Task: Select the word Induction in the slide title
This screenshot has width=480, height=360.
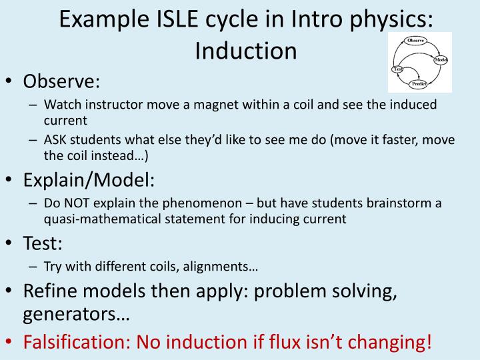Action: click(x=245, y=50)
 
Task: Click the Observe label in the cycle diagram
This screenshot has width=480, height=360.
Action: click(x=415, y=41)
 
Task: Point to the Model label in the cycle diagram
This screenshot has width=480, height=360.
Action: click(x=441, y=60)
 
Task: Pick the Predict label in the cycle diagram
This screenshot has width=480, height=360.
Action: click(x=419, y=85)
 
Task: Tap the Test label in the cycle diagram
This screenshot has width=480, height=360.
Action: click(x=398, y=69)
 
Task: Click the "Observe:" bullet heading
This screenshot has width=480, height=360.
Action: click(x=61, y=81)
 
